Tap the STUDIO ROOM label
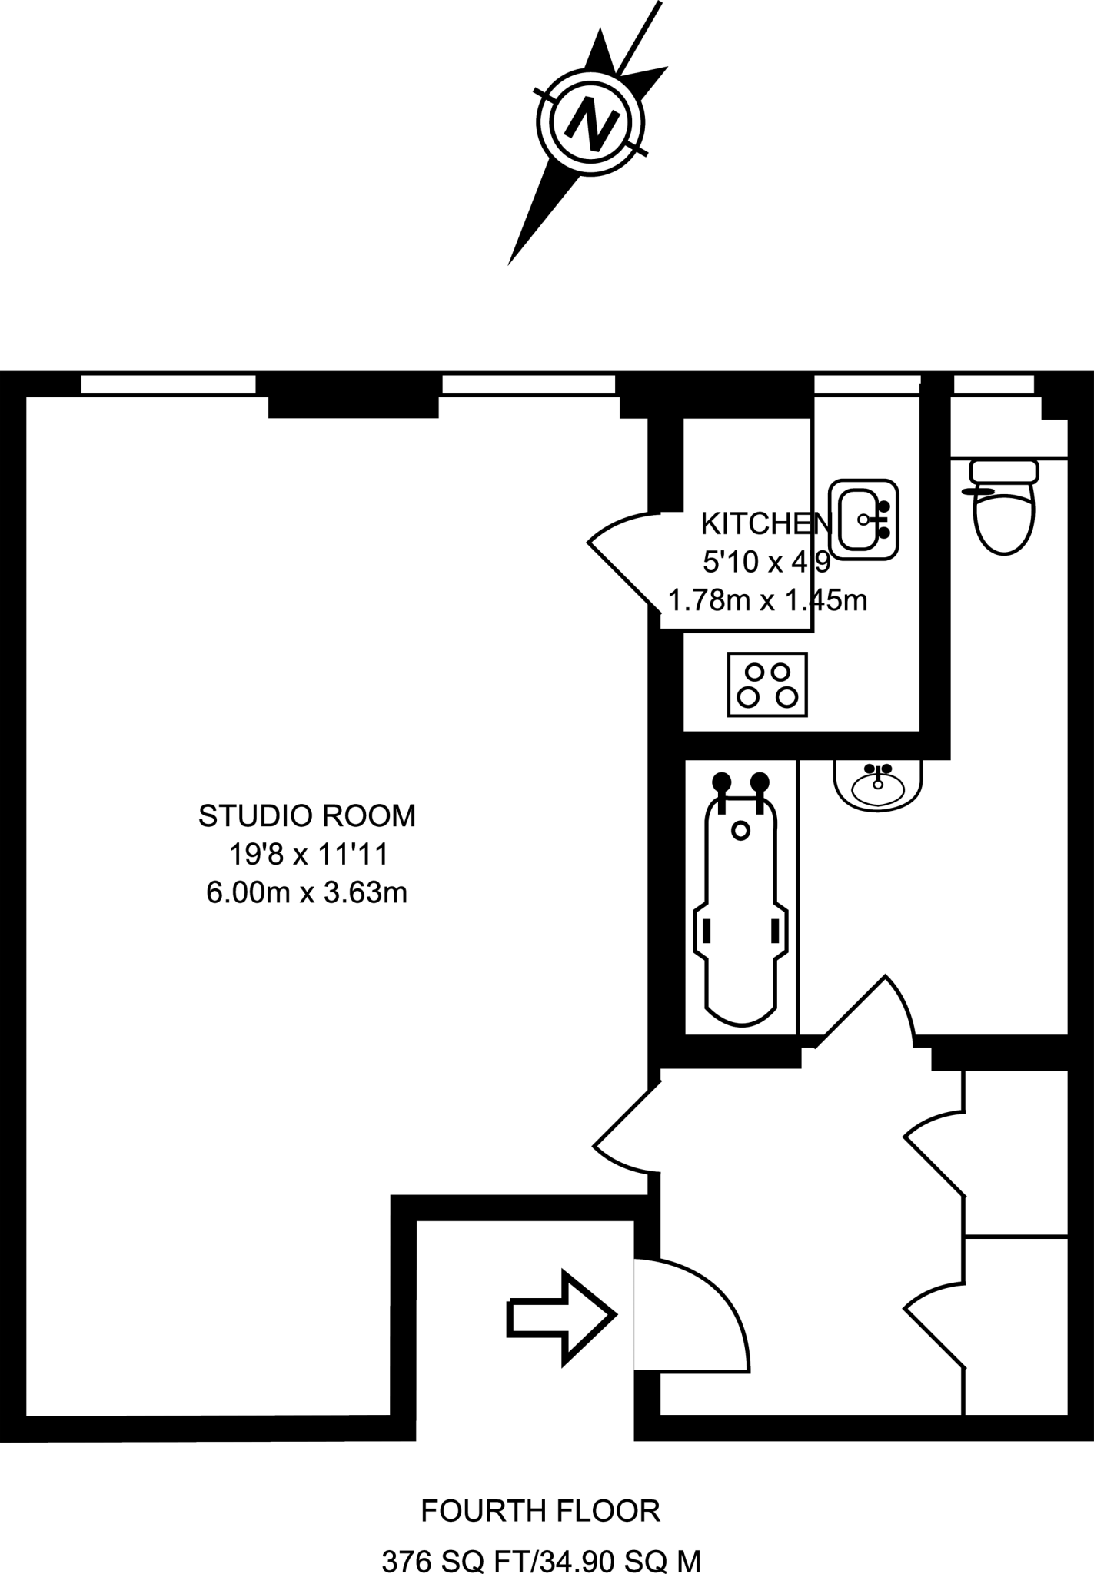coord(307,815)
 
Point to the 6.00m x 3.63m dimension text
coord(307,892)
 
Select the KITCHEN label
coord(766,524)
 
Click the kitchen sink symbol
coord(865,519)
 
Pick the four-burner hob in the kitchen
coord(767,684)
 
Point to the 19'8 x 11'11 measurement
coord(307,854)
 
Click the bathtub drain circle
coord(740,830)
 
